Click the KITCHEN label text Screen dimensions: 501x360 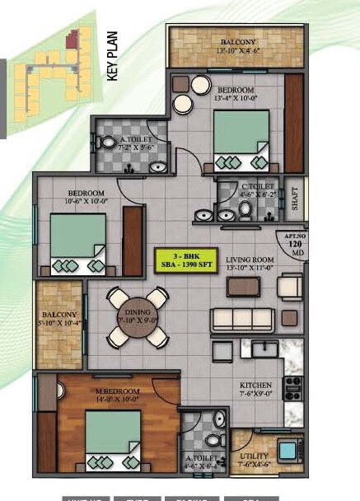coord(250,386)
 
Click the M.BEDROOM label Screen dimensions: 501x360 coord(119,391)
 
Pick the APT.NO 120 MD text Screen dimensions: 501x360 coord(296,246)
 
